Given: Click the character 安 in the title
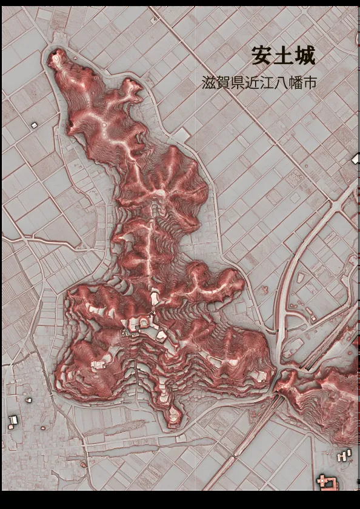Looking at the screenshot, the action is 262,56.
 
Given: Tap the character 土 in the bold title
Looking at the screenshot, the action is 284,56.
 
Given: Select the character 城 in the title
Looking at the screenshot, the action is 305,56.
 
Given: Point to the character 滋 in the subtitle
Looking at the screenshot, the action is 209,83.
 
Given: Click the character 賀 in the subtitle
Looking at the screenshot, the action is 224,83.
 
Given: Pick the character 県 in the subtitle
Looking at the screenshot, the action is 238,83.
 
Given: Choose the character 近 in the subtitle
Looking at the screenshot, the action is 253,83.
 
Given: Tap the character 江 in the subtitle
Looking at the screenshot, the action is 267,83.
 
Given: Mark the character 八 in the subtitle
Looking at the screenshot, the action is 282,83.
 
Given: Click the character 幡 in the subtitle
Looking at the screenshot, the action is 296,83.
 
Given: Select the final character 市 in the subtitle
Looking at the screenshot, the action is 310,83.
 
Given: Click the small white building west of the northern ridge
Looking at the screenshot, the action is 34,125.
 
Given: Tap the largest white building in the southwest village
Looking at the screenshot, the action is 13,420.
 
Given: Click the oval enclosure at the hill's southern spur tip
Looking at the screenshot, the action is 173,414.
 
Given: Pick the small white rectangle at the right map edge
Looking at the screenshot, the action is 356,159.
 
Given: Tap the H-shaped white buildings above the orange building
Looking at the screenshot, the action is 344,455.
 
